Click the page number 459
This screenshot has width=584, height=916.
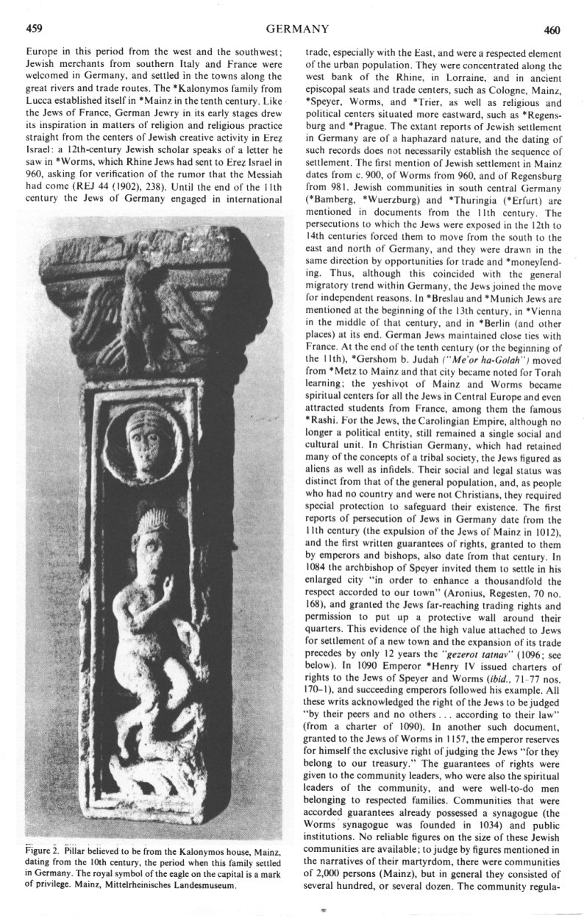click(x=33, y=30)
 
